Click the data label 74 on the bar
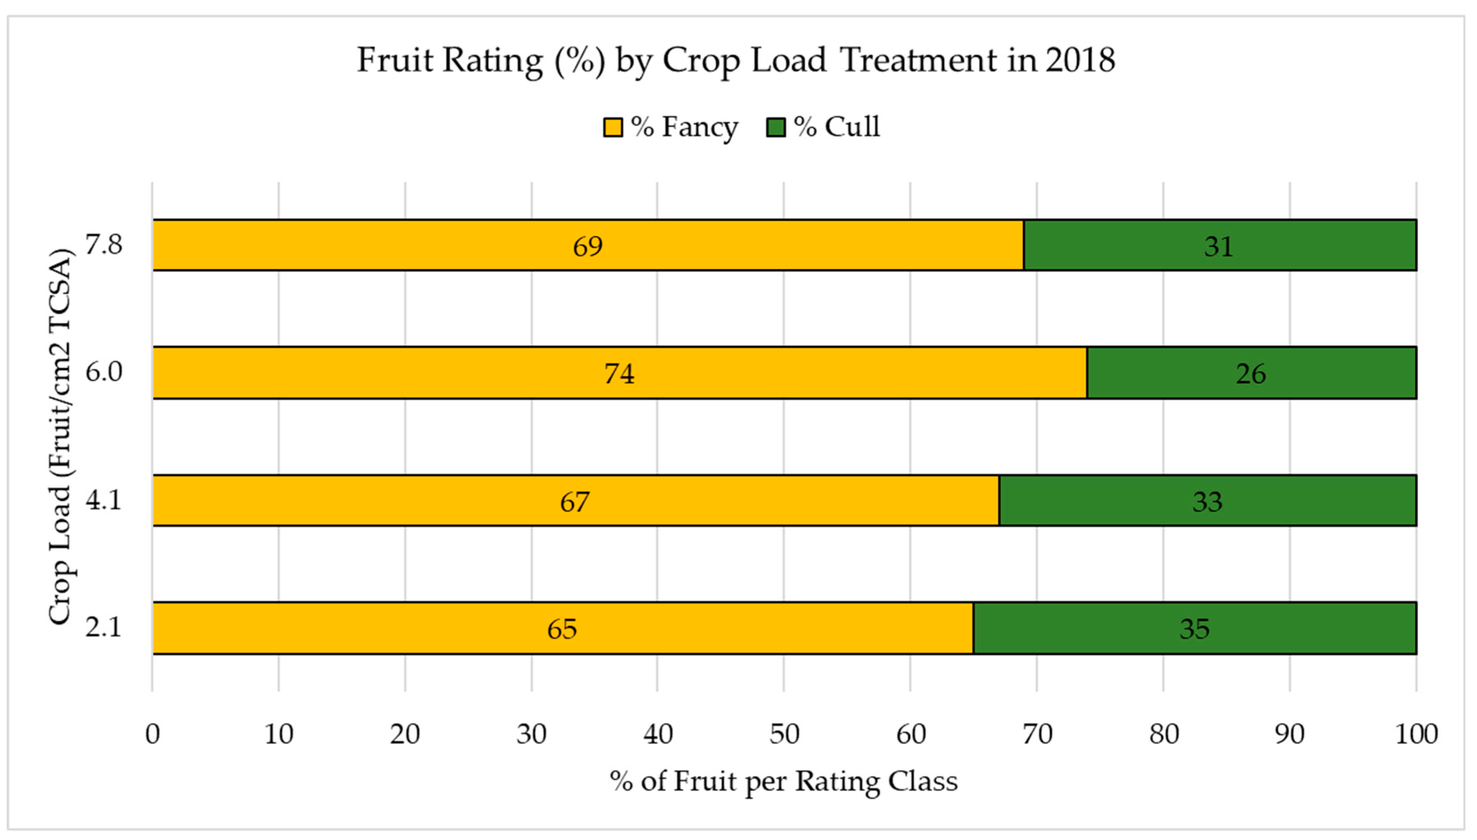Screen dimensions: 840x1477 point(619,374)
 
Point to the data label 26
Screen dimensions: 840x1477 point(1251,374)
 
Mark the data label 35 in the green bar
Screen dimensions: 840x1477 point(1194,629)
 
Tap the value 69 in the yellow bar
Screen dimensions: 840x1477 point(588,246)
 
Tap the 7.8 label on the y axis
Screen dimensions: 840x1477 point(104,245)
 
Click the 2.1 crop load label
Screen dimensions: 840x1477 point(104,627)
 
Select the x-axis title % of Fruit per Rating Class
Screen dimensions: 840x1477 point(783,782)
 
